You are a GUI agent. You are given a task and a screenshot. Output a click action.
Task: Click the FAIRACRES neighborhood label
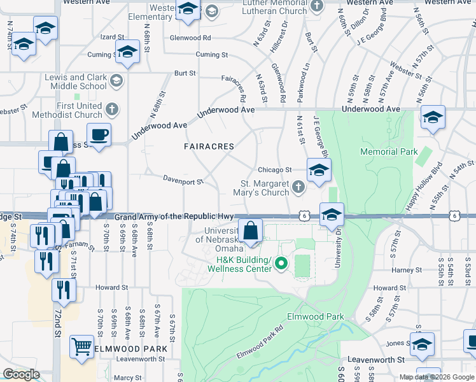pos(209,146)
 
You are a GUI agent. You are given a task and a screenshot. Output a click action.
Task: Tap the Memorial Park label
pos(389,152)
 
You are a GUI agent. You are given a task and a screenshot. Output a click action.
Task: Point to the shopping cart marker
pos(81,347)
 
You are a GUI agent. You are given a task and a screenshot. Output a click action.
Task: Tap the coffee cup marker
pos(99,134)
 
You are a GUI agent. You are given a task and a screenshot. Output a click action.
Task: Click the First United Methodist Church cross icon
pos(111,109)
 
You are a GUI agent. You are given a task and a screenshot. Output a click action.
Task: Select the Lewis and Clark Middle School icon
pos(116,81)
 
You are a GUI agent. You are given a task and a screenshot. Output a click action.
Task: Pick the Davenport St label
pos(182,181)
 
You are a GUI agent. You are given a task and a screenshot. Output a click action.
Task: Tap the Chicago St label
pos(274,170)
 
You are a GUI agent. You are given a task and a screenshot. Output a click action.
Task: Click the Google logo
pos(21,374)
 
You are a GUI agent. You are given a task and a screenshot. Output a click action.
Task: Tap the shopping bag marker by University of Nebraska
pos(251,230)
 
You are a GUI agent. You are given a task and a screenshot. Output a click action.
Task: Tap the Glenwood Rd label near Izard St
pos(190,38)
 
